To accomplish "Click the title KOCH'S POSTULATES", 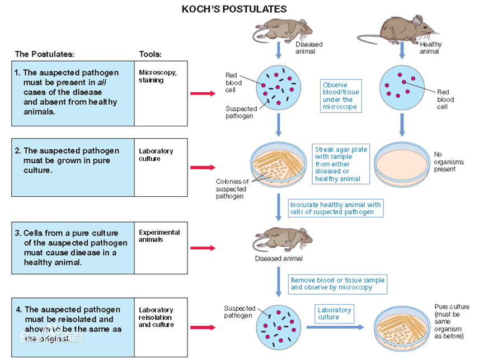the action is (x=234, y=9).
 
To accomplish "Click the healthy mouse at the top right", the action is (x=398, y=30).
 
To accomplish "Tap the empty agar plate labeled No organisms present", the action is (x=402, y=164).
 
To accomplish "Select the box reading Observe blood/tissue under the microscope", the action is (x=341, y=96).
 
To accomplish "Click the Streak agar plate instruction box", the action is (x=341, y=164).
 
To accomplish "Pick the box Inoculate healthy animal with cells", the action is (x=336, y=208).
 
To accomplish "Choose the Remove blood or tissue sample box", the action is (x=338, y=284).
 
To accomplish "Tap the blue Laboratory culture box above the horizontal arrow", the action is (x=334, y=314).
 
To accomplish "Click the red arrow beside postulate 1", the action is (x=203, y=93).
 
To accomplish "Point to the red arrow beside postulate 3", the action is (x=203, y=248).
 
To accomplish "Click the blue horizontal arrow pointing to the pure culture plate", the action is (x=335, y=328).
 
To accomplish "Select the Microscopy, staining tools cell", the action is (x=161, y=93).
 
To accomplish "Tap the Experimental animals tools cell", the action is (x=161, y=248).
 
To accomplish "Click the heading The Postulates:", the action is (x=44, y=54).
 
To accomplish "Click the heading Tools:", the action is (x=151, y=54).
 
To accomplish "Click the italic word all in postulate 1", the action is (x=102, y=82).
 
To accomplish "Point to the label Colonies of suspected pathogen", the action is (x=232, y=189).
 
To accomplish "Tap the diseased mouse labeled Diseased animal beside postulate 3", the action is (x=282, y=240).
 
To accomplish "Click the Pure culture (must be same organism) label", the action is (x=452, y=321).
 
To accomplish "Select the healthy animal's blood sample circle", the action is (x=402, y=88).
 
